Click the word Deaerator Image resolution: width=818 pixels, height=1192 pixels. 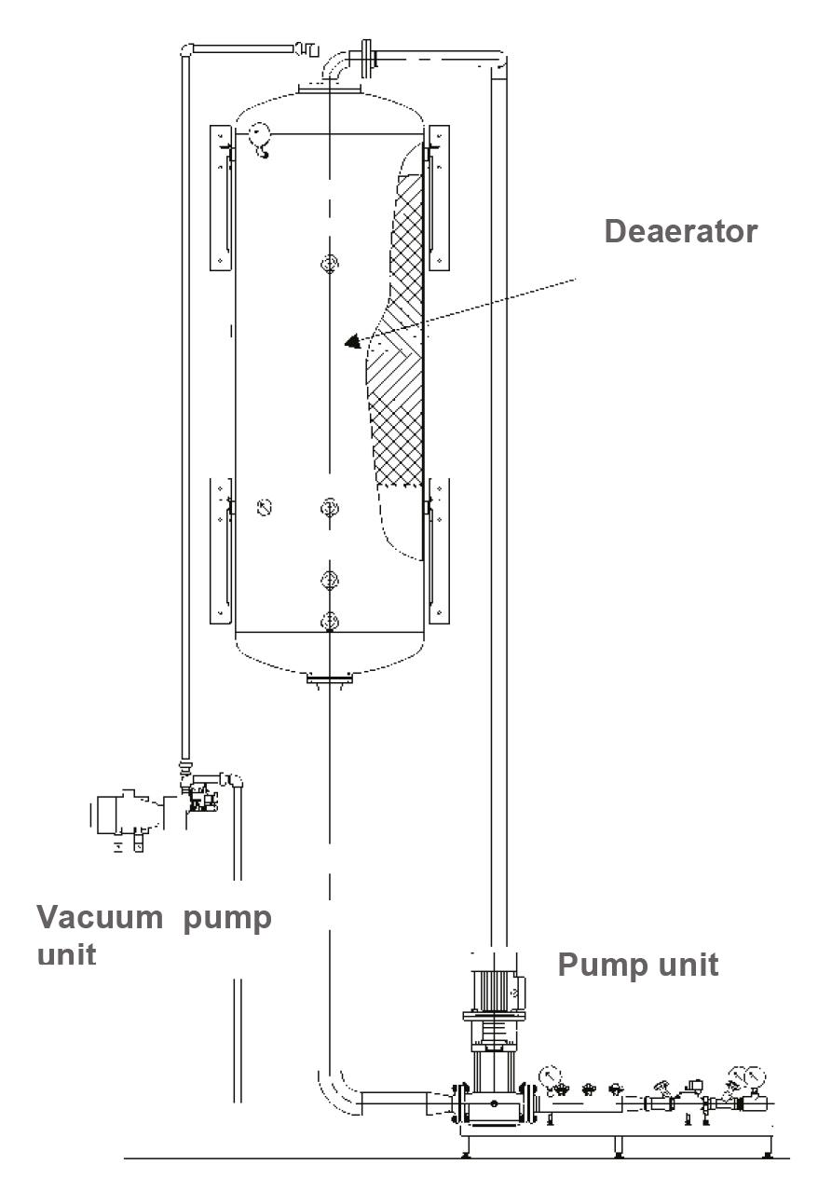(681, 230)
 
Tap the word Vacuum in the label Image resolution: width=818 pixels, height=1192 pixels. (100, 917)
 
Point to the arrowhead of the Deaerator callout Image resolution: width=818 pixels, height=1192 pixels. (353, 342)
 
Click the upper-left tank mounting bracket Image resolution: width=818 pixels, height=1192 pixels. (220, 197)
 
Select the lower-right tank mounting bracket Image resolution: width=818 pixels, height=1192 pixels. (438, 550)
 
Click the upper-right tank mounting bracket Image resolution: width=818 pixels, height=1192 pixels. (438, 197)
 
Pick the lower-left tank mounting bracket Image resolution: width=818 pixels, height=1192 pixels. (220, 550)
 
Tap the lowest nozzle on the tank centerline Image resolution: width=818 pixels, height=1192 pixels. (329, 620)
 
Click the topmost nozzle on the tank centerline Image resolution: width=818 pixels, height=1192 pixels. (329, 266)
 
